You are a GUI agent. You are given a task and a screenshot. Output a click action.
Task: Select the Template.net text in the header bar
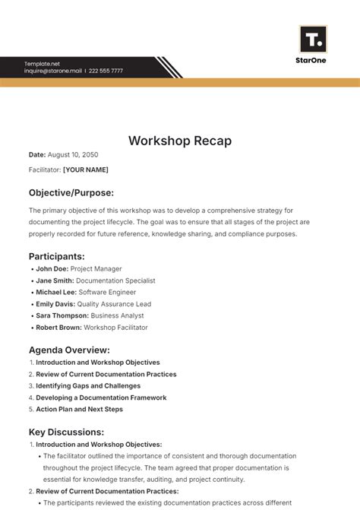(41, 63)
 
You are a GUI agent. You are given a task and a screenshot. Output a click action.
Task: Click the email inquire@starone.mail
(52, 71)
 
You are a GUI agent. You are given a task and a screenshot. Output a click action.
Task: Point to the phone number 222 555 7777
(106, 71)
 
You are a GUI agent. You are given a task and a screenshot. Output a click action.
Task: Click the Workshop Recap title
(180, 141)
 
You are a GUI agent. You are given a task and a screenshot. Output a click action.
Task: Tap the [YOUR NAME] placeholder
(85, 169)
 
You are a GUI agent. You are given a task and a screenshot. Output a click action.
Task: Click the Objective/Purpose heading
(71, 192)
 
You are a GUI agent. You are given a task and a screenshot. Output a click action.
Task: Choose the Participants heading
(57, 256)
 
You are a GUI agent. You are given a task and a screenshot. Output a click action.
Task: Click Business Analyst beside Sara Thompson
(118, 315)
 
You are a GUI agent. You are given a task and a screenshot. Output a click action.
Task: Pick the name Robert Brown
(58, 328)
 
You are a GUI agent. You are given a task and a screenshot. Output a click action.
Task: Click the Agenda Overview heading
(69, 350)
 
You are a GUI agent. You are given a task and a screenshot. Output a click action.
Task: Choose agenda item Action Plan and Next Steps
(79, 409)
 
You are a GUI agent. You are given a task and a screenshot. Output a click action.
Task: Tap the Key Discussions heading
(66, 432)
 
